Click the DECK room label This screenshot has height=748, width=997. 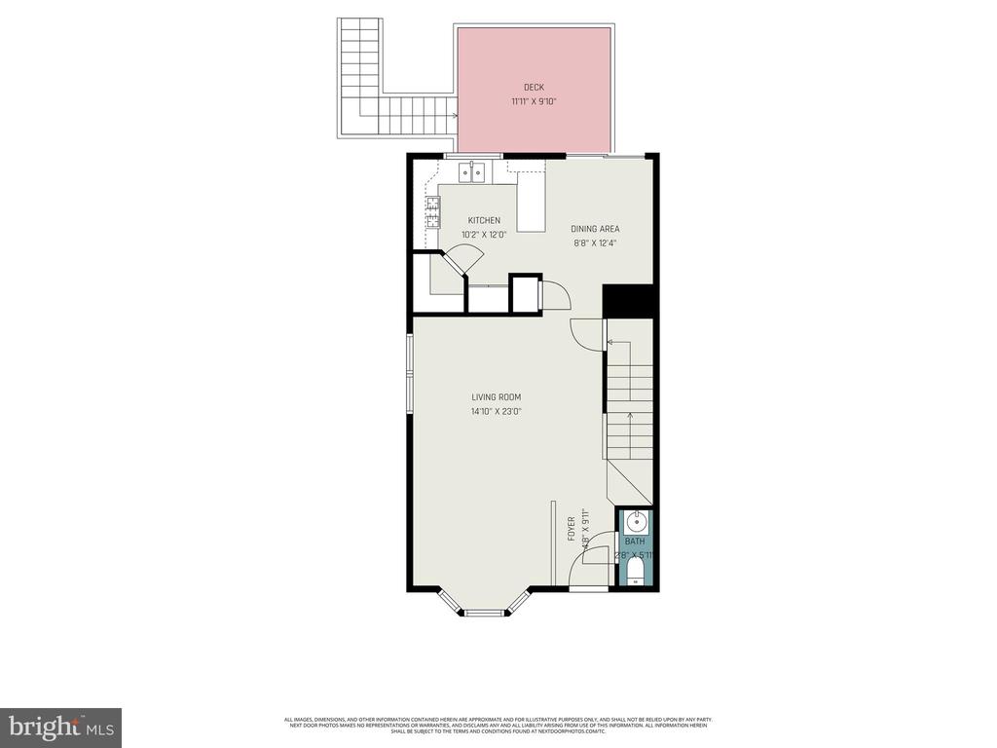point(534,87)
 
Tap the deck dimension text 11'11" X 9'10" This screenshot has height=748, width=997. point(534,101)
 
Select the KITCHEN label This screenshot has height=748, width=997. point(484,220)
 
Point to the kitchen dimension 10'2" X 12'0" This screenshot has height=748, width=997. point(484,235)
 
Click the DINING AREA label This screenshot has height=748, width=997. point(595,229)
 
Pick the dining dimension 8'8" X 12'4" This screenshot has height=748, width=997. point(595,243)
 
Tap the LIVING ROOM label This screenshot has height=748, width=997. point(497,397)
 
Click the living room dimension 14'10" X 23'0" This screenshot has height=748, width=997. point(497,412)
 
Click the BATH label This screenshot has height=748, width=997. point(635,542)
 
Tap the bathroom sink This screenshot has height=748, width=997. point(636,521)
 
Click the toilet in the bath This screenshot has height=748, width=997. point(636,571)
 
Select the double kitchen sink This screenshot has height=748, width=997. point(472,172)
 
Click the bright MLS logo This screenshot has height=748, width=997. point(60,727)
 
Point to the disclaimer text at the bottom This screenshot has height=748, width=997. point(498,725)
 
